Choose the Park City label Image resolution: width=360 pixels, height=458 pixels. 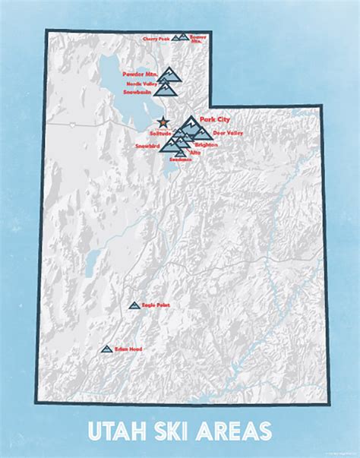214,119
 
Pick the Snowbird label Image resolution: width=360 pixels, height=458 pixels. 147,144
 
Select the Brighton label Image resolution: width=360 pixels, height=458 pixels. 206,144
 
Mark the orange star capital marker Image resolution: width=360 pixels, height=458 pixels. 161,120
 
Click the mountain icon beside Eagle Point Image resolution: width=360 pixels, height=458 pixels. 134,305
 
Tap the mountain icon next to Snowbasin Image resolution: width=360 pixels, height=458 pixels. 169,89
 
